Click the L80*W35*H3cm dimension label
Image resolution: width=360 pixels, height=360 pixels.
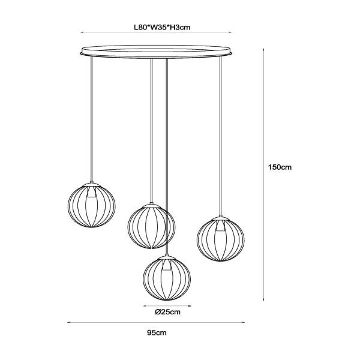(162, 28)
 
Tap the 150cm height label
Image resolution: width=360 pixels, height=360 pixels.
(280, 167)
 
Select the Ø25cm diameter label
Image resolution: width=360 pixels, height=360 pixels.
(167, 312)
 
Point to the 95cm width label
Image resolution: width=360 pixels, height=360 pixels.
(157, 332)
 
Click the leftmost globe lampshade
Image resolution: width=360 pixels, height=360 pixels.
(92, 205)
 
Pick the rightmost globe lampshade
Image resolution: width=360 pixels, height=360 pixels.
(221, 239)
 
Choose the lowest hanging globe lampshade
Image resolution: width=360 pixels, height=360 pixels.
(167, 278)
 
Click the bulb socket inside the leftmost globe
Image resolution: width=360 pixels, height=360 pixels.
(91, 192)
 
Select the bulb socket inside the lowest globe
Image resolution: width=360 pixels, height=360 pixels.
(167, 265)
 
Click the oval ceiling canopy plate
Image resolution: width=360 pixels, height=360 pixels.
(156, 52)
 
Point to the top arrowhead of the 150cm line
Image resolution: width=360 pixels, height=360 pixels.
(263, 50)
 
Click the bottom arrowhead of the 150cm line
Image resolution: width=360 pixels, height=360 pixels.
(263, 299)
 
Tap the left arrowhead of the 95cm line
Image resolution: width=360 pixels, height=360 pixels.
(68, 322)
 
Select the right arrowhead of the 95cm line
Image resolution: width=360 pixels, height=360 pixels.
(243, 322)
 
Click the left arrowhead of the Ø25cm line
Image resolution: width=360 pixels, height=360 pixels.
(145, 306)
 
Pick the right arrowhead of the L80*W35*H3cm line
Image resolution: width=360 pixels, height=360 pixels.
(230, 32)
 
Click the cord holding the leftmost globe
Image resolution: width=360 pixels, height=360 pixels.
(92, 119)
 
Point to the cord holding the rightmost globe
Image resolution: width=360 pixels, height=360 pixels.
(221, 136)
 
